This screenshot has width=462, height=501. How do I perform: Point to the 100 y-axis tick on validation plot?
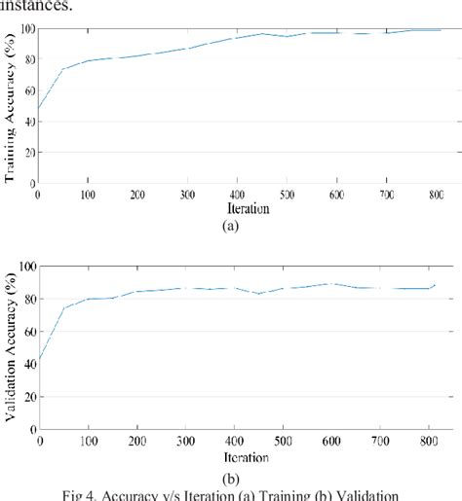25,266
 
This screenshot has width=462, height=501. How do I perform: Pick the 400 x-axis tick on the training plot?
236,195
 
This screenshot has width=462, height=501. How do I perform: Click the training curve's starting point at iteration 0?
39,108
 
